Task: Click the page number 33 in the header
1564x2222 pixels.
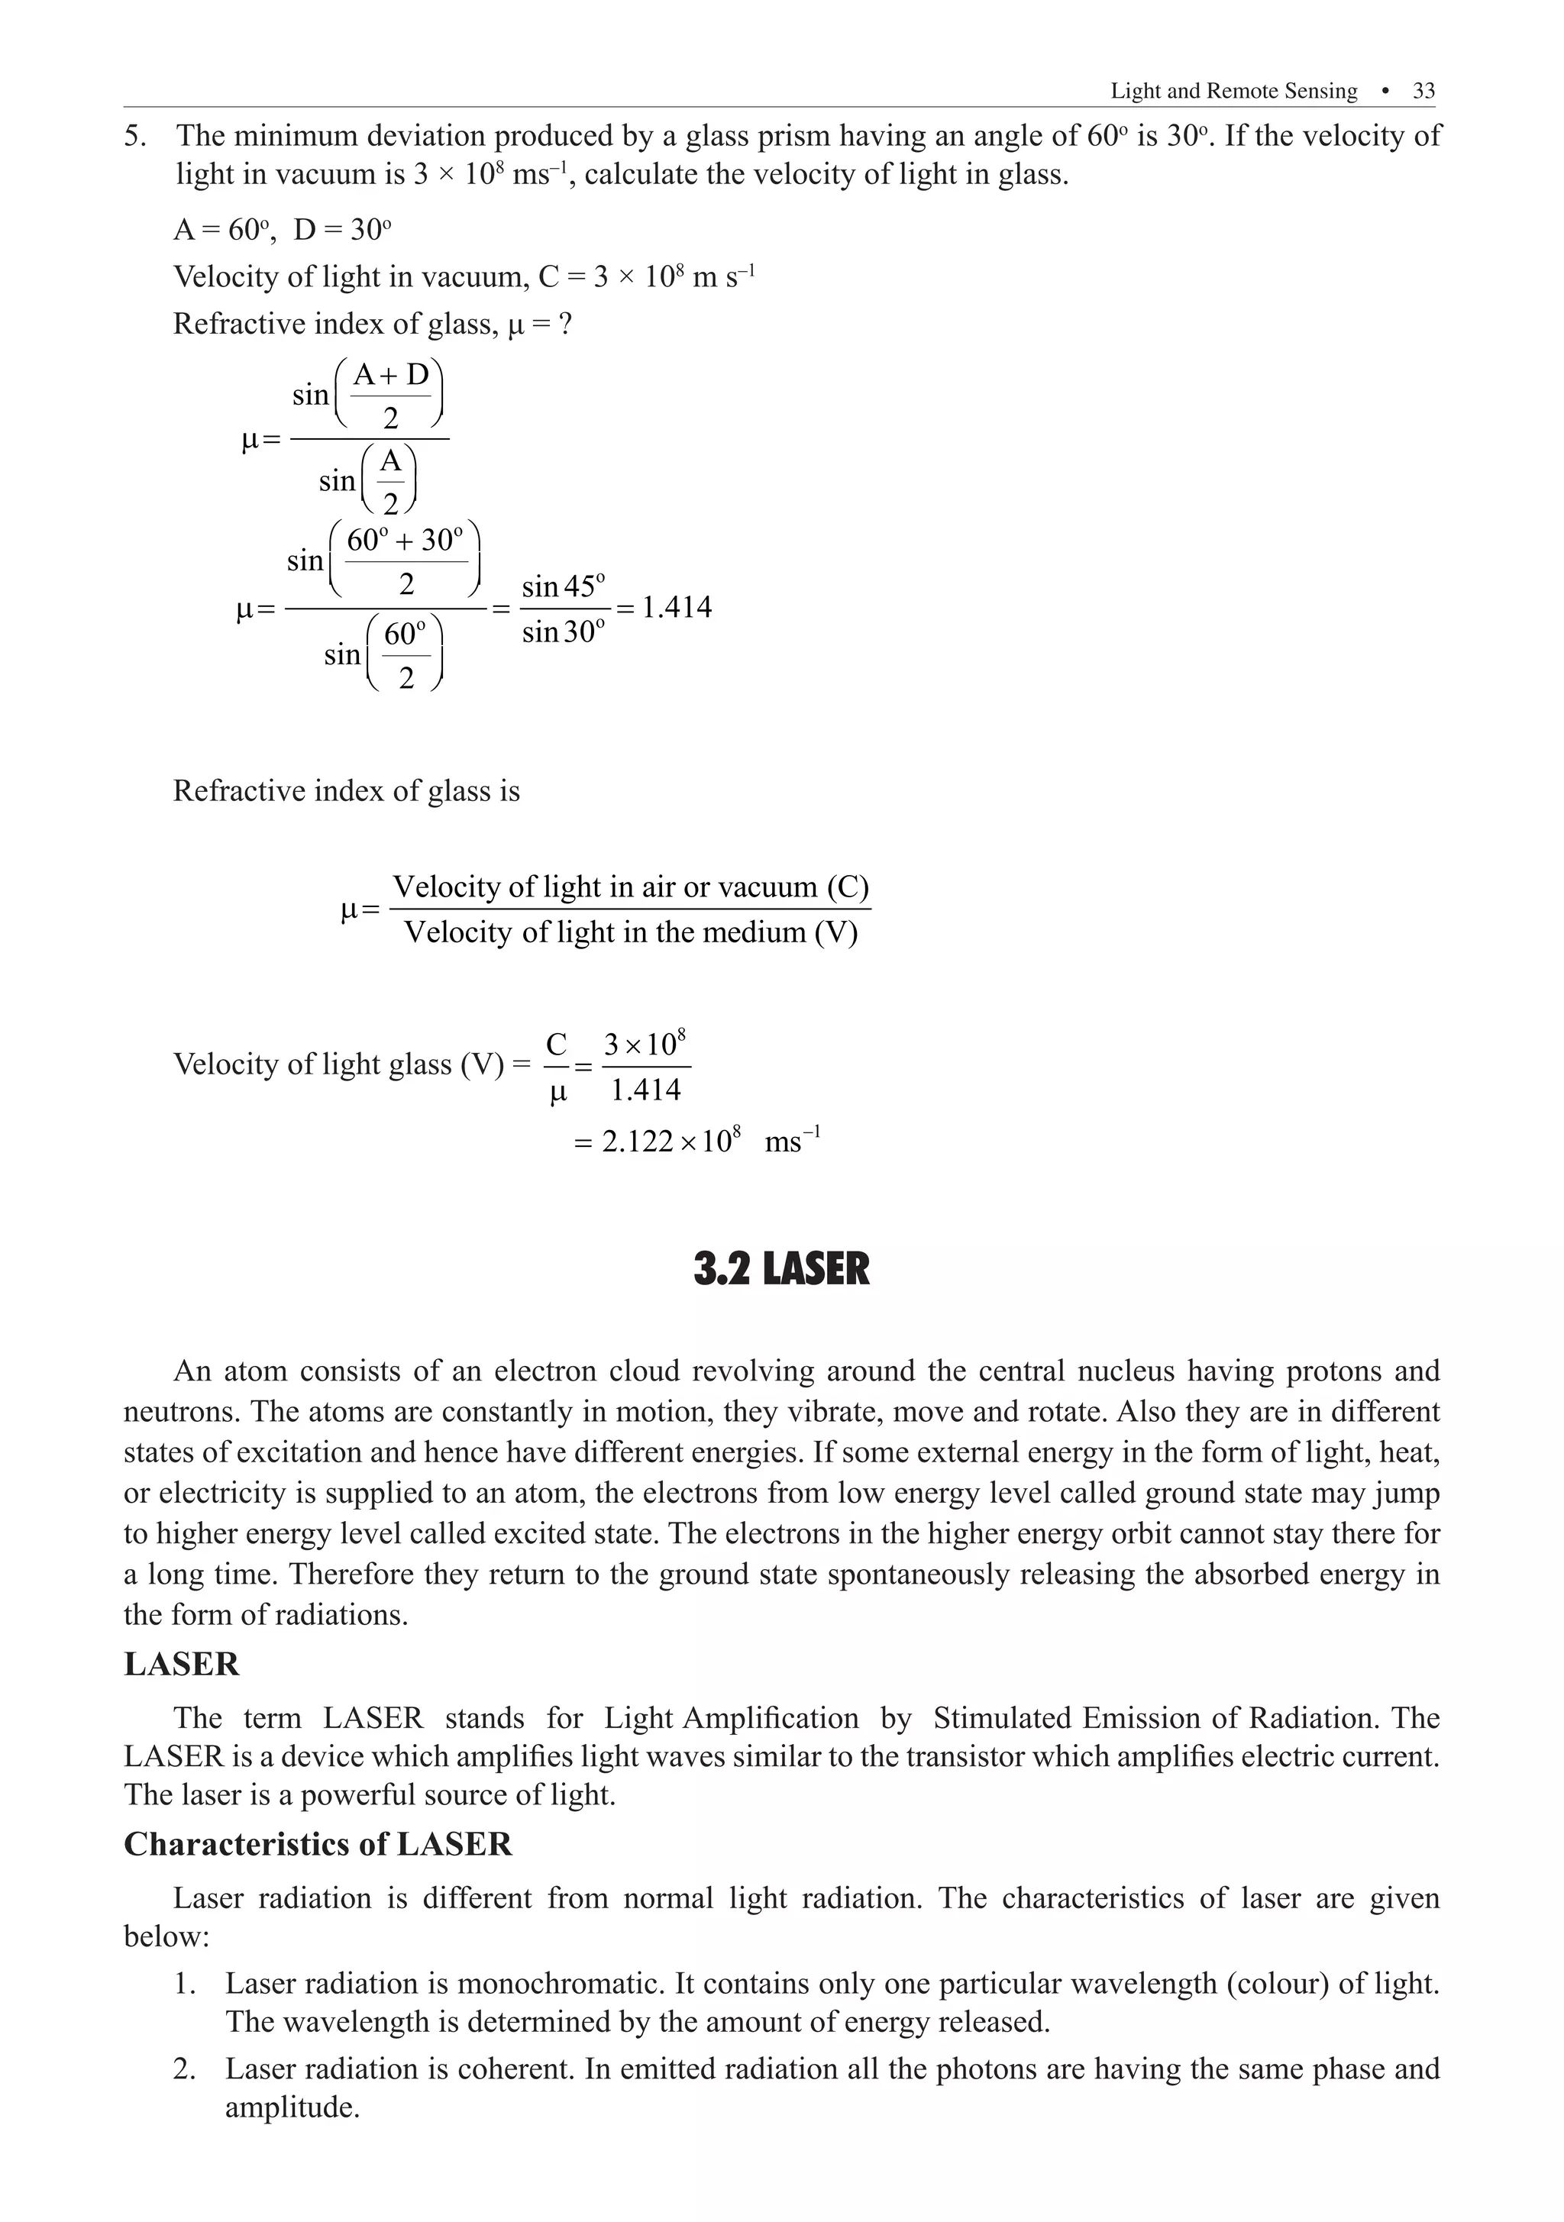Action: pyautogui.click(x=1423, y=91)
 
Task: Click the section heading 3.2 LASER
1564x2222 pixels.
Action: pyautogui.click(x=781, y=1269)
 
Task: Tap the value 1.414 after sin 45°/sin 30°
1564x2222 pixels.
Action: pyautogui.click(x=677, y=608)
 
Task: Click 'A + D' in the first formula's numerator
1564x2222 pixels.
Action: pyautogui.click(x=390, y=374)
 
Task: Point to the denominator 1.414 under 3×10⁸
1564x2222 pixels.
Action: pyautogui.click(x=645, y=1090)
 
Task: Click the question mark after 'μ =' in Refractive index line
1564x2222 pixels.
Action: pyautogui.click(x=565, y=323)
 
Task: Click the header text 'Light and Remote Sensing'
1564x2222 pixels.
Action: pyautogui.click(x=1233, y=91)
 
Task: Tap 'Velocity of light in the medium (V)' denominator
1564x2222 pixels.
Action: pyautogui.click(x=630, y=932)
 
